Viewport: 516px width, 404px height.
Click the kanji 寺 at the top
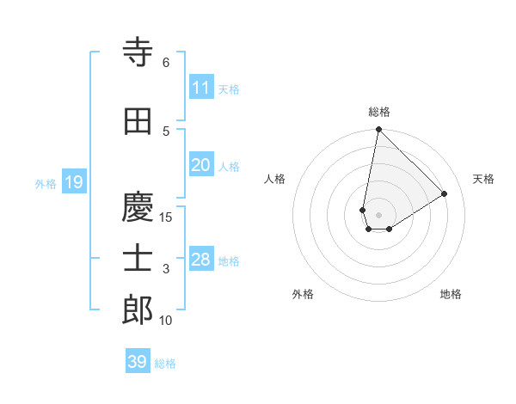click(x=138, y=54)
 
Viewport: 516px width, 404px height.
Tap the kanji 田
click(x=138, y=123)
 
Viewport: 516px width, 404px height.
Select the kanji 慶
click(x=138, y=206)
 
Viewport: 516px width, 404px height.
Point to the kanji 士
click(x=138, y=260)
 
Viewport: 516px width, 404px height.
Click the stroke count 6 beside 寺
click(x=166, y=63)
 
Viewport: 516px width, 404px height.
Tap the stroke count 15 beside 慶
click(x=166, y=217)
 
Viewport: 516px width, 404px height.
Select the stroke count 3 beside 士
click(x=166, y=270)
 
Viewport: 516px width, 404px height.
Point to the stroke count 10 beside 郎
click(x=166, y=321)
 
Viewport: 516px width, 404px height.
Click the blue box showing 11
click(x=200, y=88)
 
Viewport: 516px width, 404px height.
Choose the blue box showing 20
click(x=200, y=165)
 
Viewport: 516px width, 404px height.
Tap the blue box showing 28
click(x=200, y=260)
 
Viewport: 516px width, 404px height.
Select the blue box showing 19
click(x=73, y=182)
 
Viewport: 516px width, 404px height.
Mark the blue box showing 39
click(x=137, y=362)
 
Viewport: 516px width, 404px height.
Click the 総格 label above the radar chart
click(x=378, y=113)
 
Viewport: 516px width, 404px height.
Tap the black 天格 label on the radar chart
click(x=483, y=179)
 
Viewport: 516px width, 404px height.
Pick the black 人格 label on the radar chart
click(x=274, y=179)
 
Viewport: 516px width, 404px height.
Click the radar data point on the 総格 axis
click(x=378, y=130)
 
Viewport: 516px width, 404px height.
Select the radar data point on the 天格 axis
click(x=445, y=193)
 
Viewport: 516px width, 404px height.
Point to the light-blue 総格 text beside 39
click(x=165, y=364)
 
